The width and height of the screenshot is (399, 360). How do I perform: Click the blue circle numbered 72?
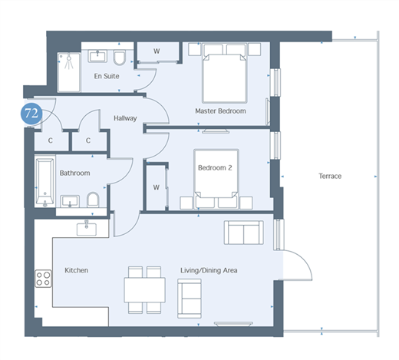coord(31,114)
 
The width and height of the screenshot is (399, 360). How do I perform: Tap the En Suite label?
coord(107,76)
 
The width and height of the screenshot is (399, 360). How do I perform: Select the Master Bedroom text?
coord(220,111)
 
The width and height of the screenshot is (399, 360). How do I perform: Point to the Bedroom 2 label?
coord(215,168)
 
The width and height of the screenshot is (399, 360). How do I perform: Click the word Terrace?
coord(330,176)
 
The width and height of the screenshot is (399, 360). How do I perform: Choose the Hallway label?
coord(125,118)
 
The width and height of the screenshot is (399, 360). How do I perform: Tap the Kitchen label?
coord(76,270)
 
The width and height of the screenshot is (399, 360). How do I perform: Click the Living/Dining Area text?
coord(209,270)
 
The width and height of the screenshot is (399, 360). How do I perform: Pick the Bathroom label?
coord(74,173)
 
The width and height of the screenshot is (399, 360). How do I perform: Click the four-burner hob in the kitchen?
coord(43,279)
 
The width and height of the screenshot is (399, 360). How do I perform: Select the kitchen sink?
coord(87,228)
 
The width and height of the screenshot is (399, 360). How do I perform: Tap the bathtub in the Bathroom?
coord(45,182)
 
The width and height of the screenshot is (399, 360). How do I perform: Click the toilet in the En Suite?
coord(120,58)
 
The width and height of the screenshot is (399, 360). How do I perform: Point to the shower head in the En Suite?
coord(69,58)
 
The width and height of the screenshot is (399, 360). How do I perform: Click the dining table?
coord(145,290)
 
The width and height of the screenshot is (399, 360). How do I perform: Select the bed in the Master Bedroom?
coord(224,74)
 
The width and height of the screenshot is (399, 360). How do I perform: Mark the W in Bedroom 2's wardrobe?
coord(157,187)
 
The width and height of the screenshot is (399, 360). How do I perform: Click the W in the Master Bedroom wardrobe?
coord(157,51)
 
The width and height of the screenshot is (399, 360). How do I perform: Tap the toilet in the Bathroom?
coord(93,200)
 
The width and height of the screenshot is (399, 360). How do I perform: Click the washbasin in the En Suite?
coord(97,56)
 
